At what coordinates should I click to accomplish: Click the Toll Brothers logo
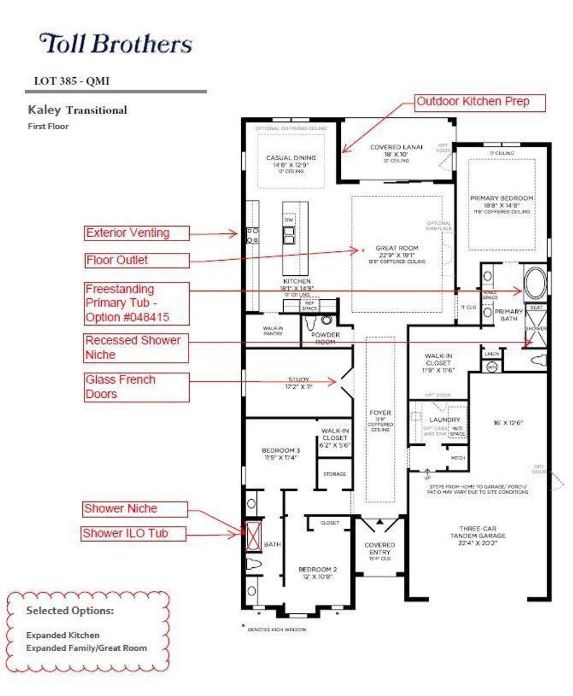click(116, 44)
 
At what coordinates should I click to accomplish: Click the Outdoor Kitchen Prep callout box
click(480, 102)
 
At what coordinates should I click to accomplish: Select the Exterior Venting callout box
click(137, 233)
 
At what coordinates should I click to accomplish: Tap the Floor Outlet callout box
click(137, 260)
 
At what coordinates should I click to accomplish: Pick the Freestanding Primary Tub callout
click(137, 303)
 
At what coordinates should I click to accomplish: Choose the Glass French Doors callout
click(137, 387)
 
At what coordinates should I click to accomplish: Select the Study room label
click(299, 383)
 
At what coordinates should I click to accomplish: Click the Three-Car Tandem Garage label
click(478, 535)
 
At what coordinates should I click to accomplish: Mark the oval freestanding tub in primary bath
click(535, 283)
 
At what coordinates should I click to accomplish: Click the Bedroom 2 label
click(317, 572)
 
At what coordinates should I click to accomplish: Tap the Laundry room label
click(444, 420)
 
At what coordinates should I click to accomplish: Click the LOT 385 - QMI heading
click(72, 81)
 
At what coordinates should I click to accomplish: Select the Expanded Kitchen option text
click(63, 635)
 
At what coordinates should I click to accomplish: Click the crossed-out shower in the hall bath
click(253, 536)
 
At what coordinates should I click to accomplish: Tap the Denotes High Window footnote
click(276, 629)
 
